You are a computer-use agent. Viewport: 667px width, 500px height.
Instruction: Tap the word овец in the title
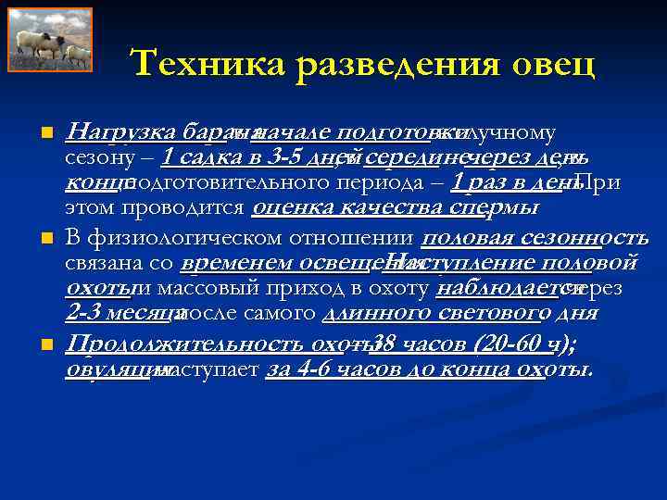pos(550,65)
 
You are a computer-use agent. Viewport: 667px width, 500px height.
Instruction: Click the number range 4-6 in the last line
pos(312,370)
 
